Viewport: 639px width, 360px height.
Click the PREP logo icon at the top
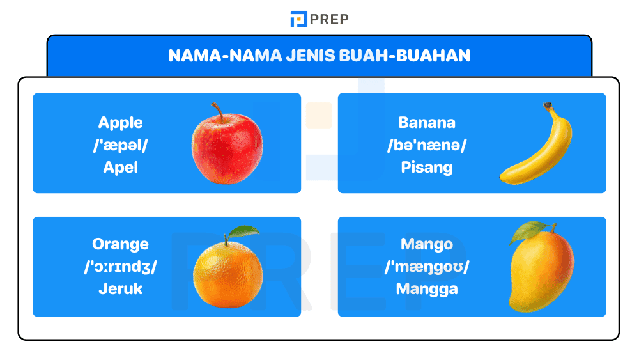point(298,19)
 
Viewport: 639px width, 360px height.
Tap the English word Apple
point(120,123)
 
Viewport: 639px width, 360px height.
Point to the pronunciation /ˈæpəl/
point(120,145)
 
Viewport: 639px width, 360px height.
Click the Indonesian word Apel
point(120,168)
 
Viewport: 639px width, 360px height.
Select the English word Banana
point(426,123)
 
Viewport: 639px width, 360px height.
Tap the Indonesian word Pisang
point(426,168)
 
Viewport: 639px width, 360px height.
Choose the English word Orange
point(120,244)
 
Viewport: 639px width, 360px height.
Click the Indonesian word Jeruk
point(120,288)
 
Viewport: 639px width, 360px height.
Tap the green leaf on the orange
point(244,231)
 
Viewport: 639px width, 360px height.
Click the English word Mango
point(426,244)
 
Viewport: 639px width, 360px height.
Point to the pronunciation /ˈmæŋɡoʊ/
point(426,267)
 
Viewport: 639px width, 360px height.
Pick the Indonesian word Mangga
point(426,289)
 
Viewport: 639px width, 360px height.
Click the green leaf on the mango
point(530,228)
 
